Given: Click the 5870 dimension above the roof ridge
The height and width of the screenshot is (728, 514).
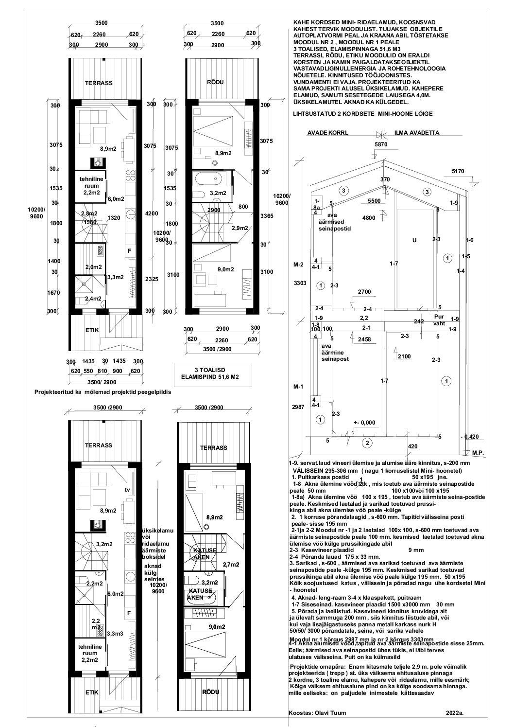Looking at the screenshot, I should [x=382, y=144].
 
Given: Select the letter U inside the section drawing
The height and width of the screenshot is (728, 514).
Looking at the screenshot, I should [x=414, y=239].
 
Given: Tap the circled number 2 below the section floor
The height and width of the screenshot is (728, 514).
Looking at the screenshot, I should [x=367, y=443].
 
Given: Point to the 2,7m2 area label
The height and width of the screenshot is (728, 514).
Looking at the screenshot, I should [x=231, y=565].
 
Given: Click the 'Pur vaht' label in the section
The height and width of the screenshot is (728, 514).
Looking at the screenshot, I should [x=438, y=319].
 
